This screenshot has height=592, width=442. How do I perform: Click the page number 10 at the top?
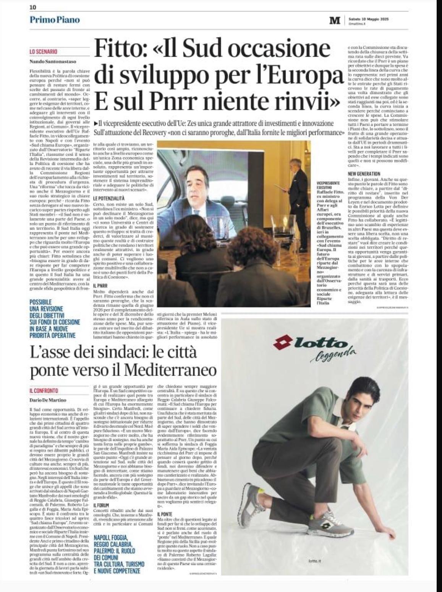33,7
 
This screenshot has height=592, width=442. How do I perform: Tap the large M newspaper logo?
335,21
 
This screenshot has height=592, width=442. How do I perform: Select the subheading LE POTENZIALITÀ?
109,199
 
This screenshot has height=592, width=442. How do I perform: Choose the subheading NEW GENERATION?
364,174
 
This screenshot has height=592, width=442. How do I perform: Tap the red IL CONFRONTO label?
44,390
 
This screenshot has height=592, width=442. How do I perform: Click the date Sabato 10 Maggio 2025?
368,19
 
